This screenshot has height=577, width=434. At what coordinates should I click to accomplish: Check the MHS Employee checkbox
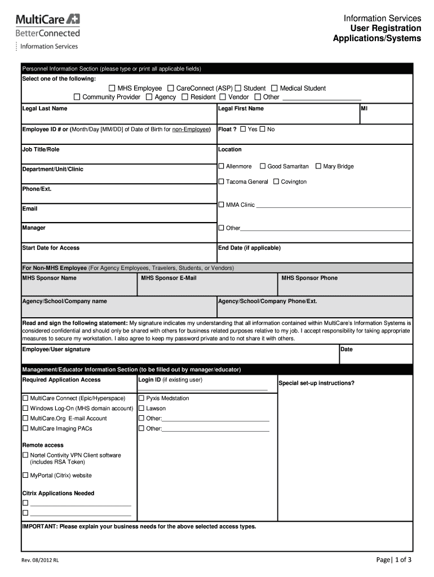coord(112,88)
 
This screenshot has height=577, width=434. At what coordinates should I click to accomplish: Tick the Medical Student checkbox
coord(274,88)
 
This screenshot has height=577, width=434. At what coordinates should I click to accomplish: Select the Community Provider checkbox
coord(77,97)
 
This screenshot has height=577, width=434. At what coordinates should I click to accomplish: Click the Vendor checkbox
coord(223,97)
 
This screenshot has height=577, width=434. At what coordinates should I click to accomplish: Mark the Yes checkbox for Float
coord(243,130)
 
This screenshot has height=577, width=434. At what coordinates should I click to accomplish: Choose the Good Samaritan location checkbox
coord(263,166)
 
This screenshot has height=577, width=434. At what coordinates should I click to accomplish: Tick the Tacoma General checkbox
coord(221,181)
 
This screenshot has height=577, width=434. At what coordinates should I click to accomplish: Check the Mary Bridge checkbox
coord(318,166)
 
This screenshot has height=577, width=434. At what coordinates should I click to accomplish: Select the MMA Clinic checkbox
coord(221,205)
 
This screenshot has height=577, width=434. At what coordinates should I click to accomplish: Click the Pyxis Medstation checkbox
coord(141,398)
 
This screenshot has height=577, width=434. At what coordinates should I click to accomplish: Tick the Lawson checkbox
coord(141,408)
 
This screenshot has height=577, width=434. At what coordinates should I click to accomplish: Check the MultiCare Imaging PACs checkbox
coord(25,428)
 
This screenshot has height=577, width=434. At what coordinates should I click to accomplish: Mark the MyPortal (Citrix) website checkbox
coord(25,475)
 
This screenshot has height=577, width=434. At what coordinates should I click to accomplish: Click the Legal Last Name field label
coord(45,108)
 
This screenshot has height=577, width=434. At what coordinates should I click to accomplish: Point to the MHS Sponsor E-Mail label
coord(169,278)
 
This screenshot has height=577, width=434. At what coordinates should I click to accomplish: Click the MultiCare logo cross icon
coord(73,20)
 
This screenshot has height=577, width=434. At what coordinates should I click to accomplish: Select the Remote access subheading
coord(43,445)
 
